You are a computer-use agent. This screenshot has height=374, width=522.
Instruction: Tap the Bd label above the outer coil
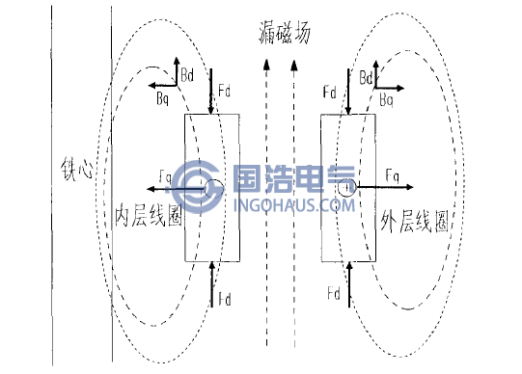(366, 76)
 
